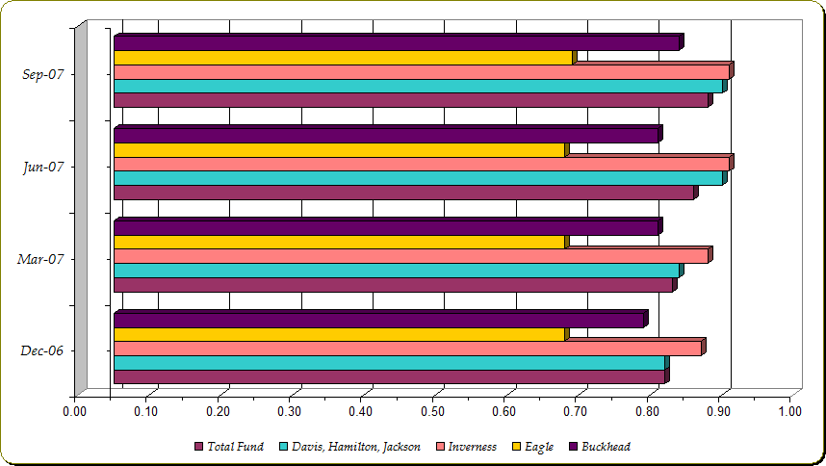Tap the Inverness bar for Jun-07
tap(422, 164)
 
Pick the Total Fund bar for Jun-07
tap(403, 193)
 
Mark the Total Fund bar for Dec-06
tap(389, 376)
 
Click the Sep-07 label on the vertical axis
tap(42, 74)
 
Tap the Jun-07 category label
tap(42, 167)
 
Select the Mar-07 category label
tap(41, 259)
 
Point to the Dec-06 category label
tap(41, 350)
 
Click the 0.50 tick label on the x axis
tap(433, 412)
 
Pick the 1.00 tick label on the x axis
tap(790, 412)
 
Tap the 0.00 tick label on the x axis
tap(74, 412)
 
